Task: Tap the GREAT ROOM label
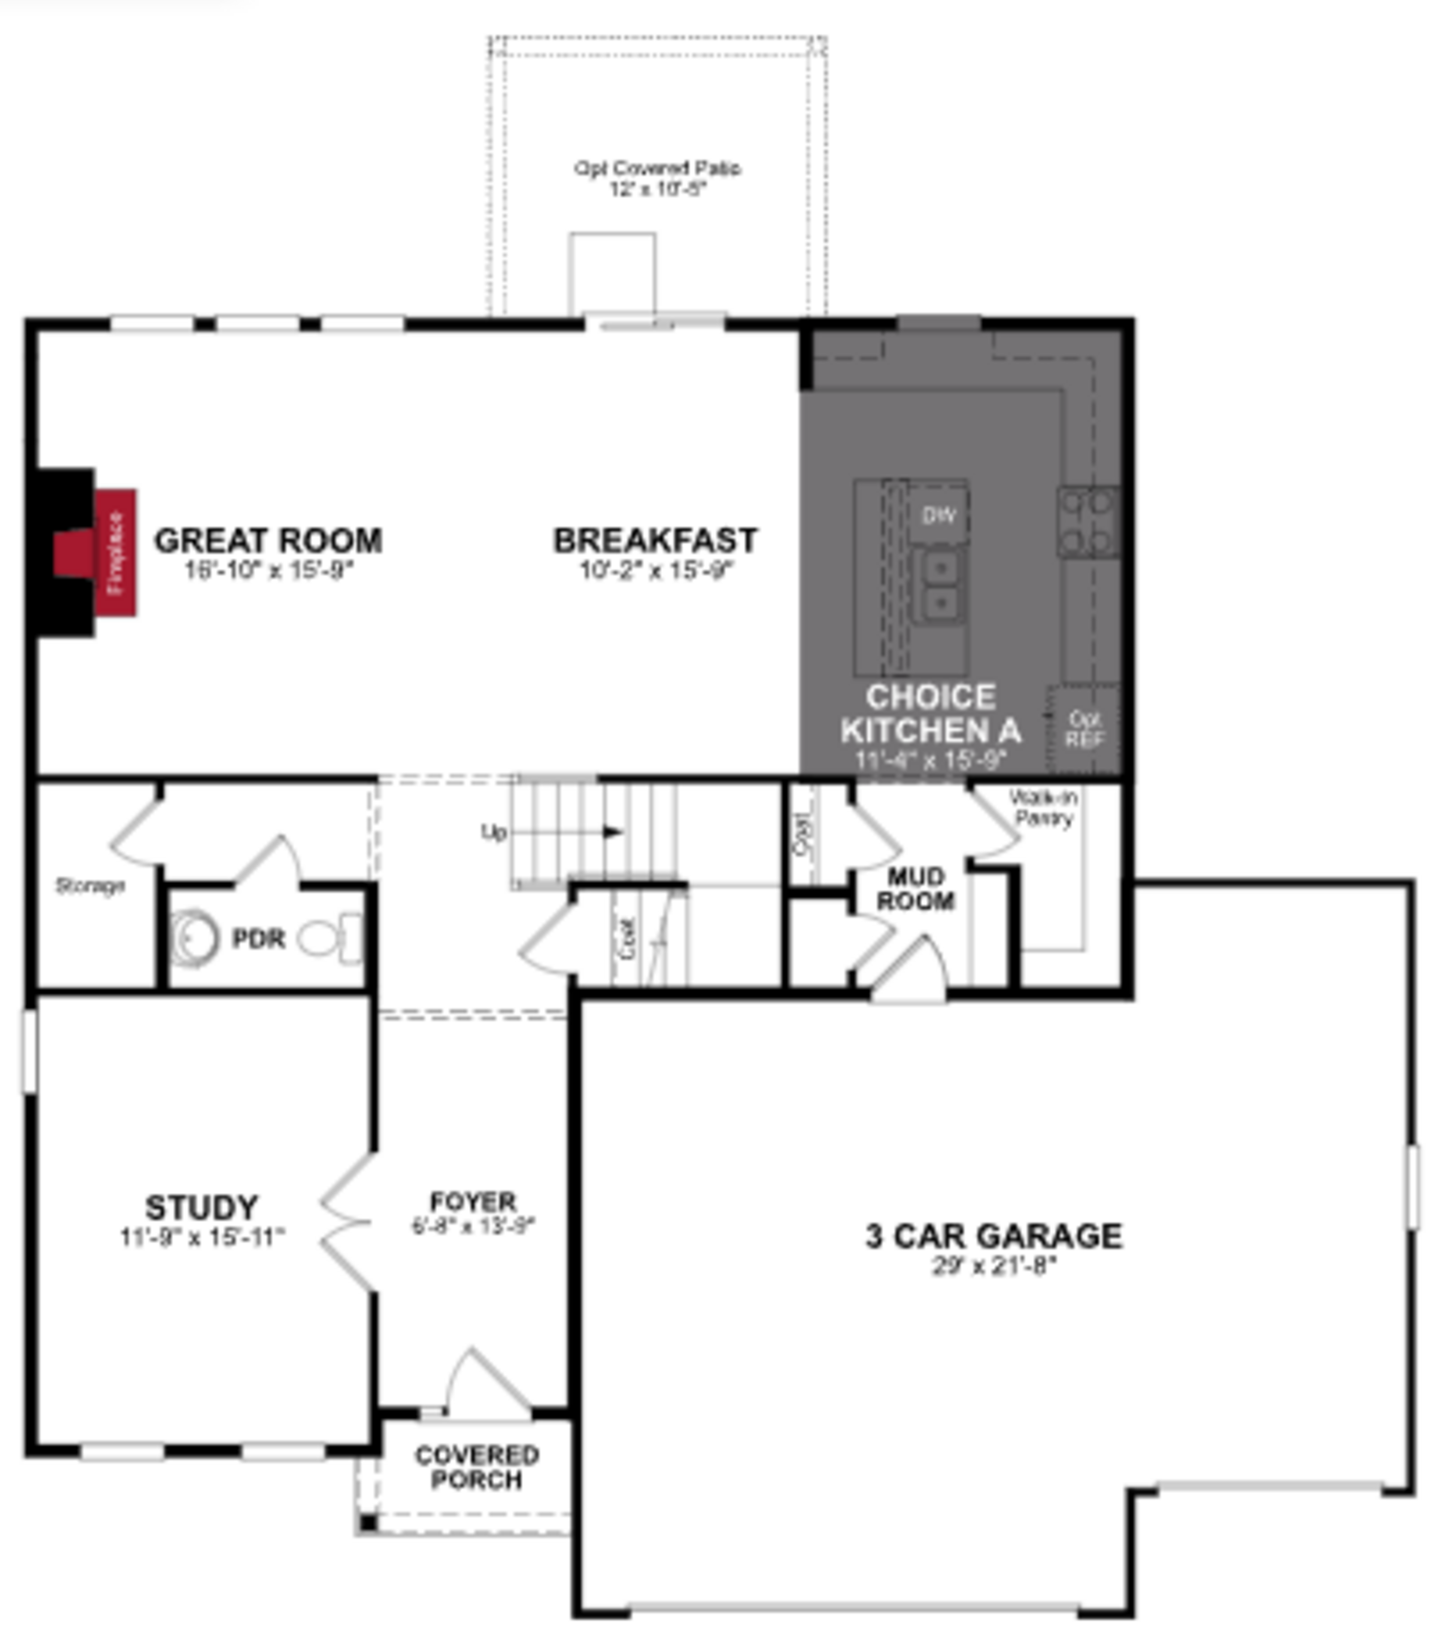pyautogui.click(x=268, y=541)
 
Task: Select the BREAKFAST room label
pyautogui.click(x=656, y=541)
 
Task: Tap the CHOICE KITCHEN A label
pyautogui.click(x=931, y=714)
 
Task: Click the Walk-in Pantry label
pyautogui.click(x=1043, y=807)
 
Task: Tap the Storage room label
pyautogui.click(x=90, y=886)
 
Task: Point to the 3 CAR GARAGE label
pyautogui.click(x=993, y=1235)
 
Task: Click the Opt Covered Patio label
pyautogui.click(x=656, y=168)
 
